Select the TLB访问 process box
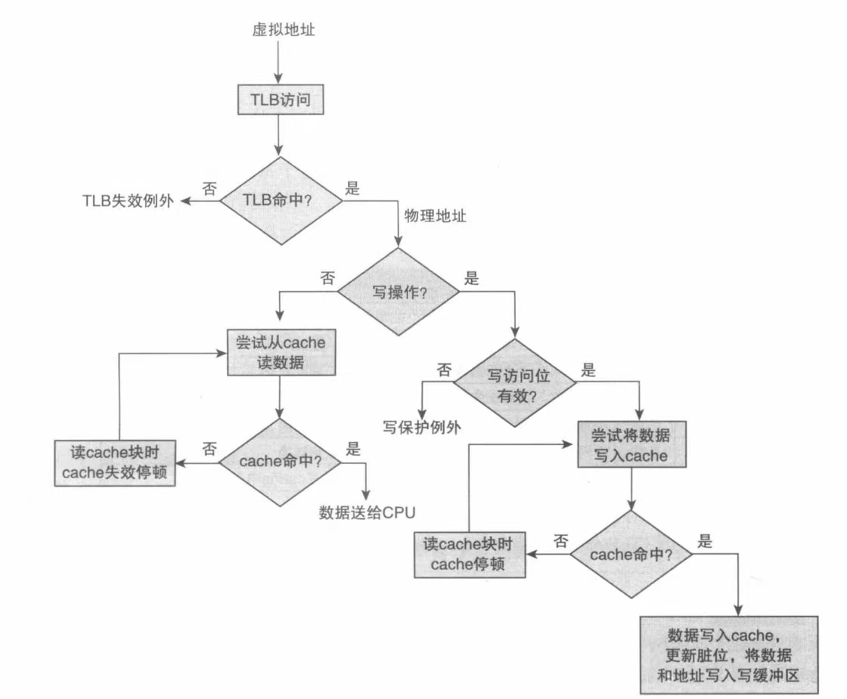point(279,100)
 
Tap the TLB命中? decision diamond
point(279,200)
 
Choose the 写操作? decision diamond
point(398,290)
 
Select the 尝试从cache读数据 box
point(281,351)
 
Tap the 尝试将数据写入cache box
point(633,445)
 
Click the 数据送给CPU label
point(368,513)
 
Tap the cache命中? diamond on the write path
point(631,554)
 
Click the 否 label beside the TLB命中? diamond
point(207,186)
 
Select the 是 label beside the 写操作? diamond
point(472,277)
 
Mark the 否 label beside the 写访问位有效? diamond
point(444,370)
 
